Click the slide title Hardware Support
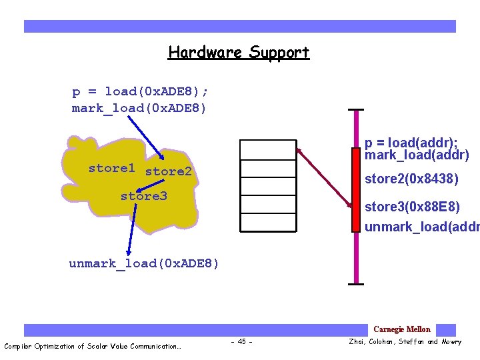point(239,52)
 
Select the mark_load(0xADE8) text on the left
point(139,107)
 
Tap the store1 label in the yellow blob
point(112,168)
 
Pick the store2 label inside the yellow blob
point(168,171)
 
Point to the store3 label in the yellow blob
point(143,196)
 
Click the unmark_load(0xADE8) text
point(143,263)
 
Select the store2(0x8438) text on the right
point(411,179)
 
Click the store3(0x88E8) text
point(412,207)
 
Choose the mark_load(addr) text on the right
point(417,155)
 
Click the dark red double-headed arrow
point(325,177)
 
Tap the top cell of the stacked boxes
point(268,149)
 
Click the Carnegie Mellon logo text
point(401,329)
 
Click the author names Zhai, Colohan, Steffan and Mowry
point(405,342)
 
